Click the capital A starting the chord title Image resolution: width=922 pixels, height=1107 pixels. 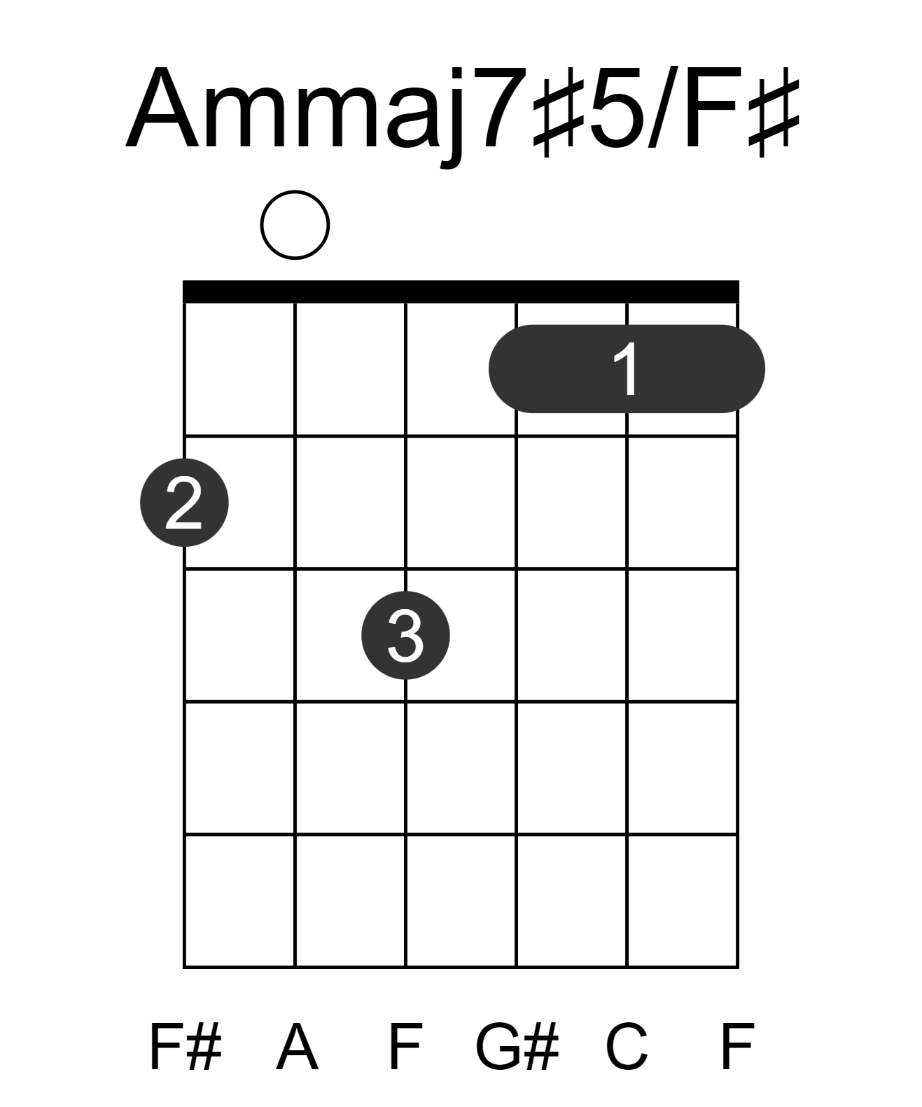click(x=162, y=107)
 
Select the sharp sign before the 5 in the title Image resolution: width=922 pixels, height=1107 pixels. click(x=559, y=111)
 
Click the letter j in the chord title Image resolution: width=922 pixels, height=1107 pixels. click(x=452, y=117)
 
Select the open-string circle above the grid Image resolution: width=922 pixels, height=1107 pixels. click(x=295, y=225)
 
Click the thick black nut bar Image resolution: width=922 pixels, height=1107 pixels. click(x=461, y=291)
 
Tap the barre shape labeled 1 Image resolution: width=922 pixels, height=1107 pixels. click(x=627, y=369)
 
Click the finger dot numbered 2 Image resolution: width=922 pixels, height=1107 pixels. click(x=184, y=503)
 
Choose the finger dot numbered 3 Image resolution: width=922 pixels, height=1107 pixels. click(x=405, y=635)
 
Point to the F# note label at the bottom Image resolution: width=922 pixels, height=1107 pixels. click(x=185, y=1047)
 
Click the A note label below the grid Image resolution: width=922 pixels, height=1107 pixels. click(x=297, y=1047)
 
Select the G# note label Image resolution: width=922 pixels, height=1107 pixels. click(x=517, y=1047)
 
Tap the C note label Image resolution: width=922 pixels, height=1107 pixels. click(x=626, y=1047)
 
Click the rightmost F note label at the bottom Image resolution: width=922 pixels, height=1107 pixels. click(x=737, y=1047)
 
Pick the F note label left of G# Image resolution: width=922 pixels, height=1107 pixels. click(x=406, y=1047)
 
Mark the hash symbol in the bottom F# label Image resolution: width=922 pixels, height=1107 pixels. click(x=204, y=1047)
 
